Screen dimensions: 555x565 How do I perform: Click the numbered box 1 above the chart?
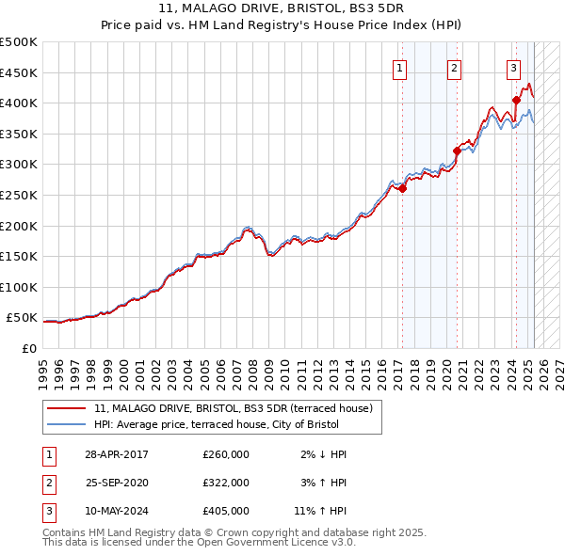tap(400, 68)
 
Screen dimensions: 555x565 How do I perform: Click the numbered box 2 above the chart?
tap(454, 68)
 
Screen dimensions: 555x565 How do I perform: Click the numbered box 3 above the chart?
tap(513, 68)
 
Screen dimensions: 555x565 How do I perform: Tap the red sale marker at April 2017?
tap(402, 188)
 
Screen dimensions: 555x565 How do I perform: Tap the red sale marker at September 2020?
tap(457, 150)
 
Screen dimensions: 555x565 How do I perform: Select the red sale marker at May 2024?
tap(516, 100)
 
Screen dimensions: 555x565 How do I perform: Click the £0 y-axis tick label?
tap(28, 349)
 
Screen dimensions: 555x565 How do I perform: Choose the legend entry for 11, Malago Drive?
tap(234, 408)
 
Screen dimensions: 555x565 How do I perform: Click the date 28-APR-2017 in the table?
tap(117, 454)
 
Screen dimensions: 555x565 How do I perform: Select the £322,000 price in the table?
tap(226, 483)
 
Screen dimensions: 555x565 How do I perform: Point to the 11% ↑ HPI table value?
tap(320, 511)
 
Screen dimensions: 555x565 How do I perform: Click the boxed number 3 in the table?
tap(48, 511)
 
